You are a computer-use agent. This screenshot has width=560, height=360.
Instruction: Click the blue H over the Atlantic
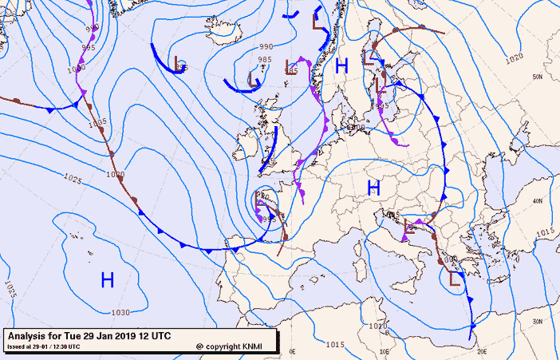(x=108, y=279)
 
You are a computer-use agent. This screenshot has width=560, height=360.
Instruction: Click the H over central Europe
(x=373, y=188)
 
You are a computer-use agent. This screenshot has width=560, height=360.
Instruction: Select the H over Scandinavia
(x=342, y=66)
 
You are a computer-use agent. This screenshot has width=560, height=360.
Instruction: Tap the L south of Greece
(x=455, y=279)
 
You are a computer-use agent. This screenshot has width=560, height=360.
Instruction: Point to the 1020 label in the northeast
(x=514, y=57)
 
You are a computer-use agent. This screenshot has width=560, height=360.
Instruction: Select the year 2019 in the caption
(x=132, y=335)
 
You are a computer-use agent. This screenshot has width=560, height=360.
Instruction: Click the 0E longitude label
(x=292, y=350)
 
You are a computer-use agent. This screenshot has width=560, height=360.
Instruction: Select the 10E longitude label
(x=384, y=350)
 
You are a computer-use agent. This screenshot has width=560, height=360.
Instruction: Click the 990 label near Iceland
(x=266, y=47)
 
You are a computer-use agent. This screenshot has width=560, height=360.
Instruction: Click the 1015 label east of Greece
(x=546, y=232)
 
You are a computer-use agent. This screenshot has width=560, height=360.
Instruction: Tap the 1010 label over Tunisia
(x=378, y=326)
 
